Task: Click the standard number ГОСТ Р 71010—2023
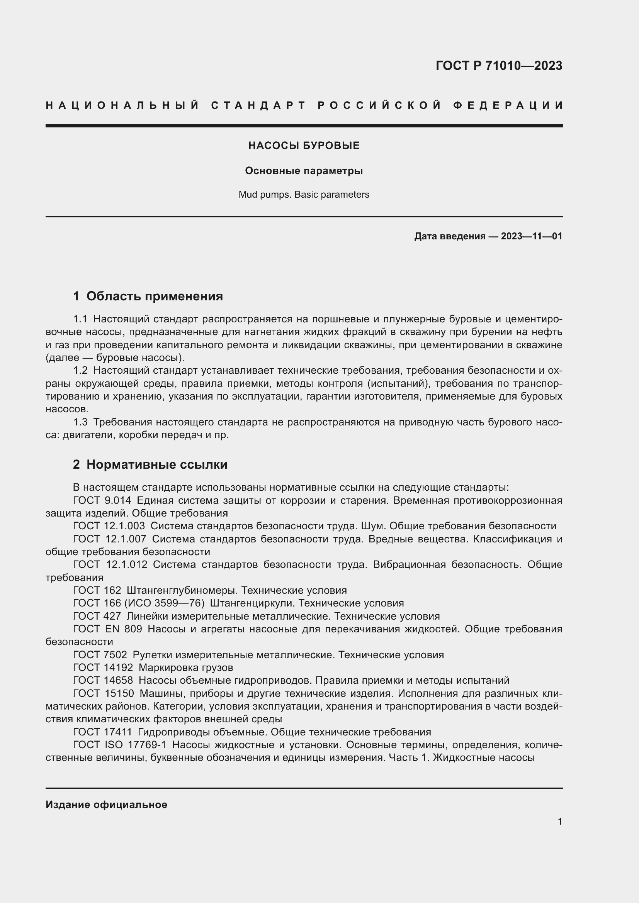pos(498,66)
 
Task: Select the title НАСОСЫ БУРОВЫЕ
pos(304,146)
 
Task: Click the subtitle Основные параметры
pos(304,171)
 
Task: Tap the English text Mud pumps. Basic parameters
pos(304,194)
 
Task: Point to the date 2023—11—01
pos(531,236)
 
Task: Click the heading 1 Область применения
pos(148,296)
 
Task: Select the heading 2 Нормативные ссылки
pos(150,464)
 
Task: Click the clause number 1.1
pos(80,319)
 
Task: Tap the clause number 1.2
pos(80,371)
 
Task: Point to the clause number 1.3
pos(80,422)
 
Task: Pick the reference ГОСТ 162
pos(97,590)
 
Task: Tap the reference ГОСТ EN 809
pos(107,629)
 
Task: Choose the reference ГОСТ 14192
pos(103,668)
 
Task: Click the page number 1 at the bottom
pos(559,822)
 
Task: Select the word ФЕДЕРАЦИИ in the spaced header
pos(508,105)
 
